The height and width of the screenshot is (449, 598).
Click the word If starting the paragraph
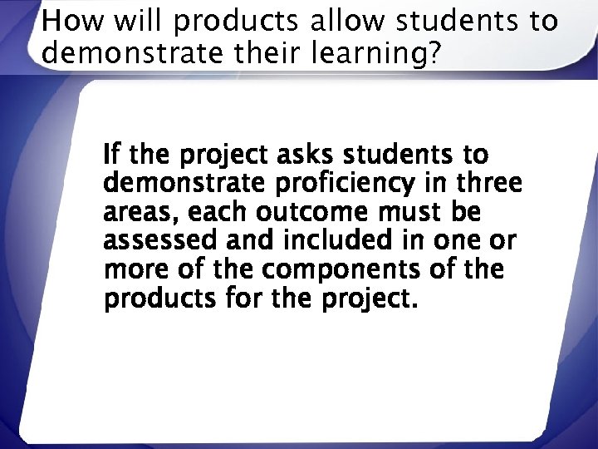coord(111,155)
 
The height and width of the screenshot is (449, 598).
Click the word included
coord(331,242)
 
